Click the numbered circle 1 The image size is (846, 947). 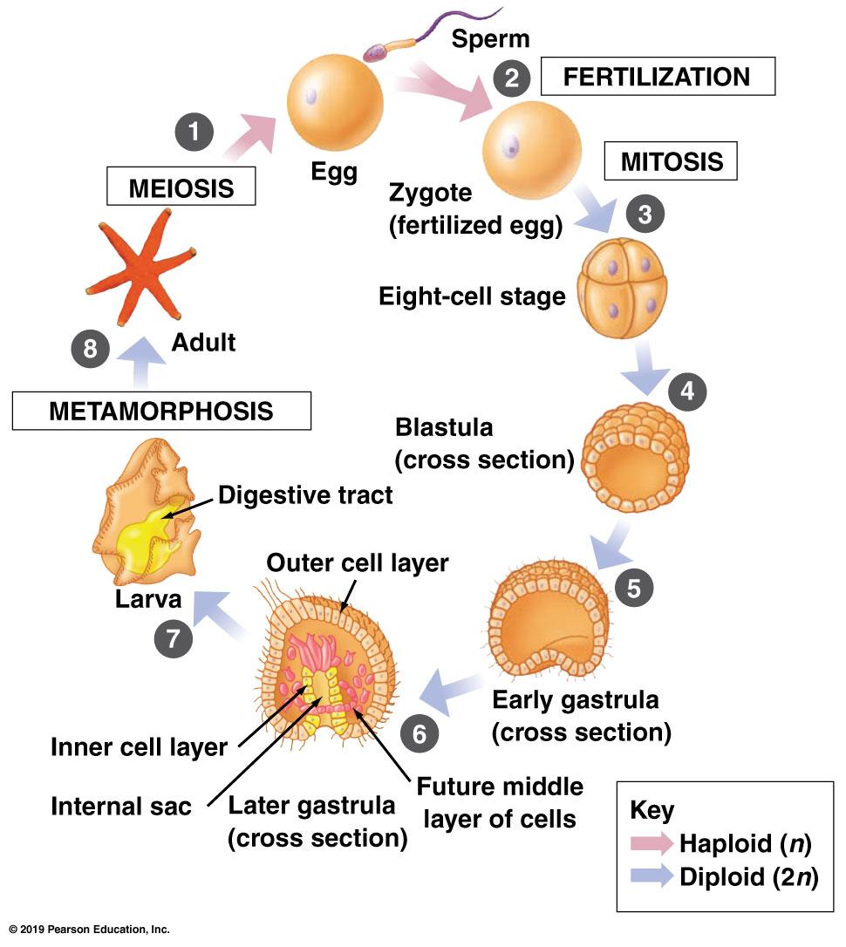[x=194, y=133]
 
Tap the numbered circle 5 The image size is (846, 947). [x=633, y=587]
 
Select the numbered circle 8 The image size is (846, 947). [x=90, y=350]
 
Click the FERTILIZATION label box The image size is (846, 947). [x=658, y=77]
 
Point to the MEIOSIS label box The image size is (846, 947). [x=181, y=187]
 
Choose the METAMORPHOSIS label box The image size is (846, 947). [x=161, y=411]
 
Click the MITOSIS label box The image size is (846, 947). [x=672, y=161]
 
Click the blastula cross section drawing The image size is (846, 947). [x=634, y=457]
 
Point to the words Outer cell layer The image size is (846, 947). [x=357, y=563]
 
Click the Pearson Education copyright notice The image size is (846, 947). [x=89, y=930]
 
